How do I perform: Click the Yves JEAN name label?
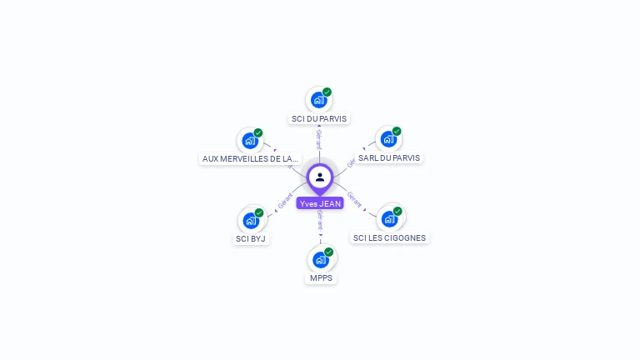pos(320,203)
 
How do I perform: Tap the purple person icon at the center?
pos(320,177)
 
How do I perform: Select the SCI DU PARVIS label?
pos(319,118)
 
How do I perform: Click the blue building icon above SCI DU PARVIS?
pos(318,100)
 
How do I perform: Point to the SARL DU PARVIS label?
pos(389,157)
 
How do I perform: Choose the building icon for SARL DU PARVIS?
pos(388,139)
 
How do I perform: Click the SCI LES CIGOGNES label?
pos(389,237)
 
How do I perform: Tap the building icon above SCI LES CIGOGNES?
pos(388,219)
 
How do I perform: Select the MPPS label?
pos(321,277)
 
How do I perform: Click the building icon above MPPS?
pos(320,259)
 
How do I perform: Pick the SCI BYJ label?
pos(251,238)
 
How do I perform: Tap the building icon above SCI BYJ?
pos(250,221)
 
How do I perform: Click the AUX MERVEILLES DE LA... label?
pos(250,158)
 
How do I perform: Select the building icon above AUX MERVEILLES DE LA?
pos(249,140)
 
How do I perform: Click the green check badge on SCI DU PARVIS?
pos(327,92)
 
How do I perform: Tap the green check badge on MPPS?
pos(329,252)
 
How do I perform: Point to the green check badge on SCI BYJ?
pos(259,212)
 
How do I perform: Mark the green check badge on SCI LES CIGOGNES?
pos(397,211)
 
